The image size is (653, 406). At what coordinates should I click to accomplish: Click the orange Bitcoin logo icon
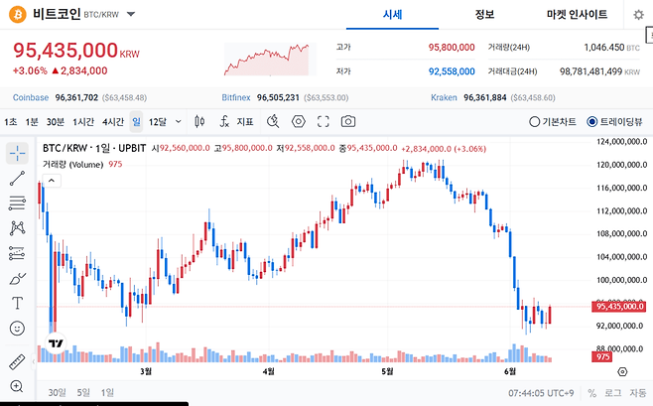tap(18, 15)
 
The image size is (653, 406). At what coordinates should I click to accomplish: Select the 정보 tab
tap(484, 15)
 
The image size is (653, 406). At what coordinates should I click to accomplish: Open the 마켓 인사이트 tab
tap(577, 15)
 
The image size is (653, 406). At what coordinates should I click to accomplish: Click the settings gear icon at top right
tap(638, 15)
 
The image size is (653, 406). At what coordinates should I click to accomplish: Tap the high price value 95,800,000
tap(452, 48)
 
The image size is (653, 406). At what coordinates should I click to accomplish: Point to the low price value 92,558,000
tap(452, 71)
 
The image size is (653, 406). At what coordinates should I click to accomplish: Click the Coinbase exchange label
tap(31, 97)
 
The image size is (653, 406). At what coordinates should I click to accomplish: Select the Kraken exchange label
tap(444, 97)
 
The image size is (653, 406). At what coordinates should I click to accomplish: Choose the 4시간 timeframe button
tap(113, 121)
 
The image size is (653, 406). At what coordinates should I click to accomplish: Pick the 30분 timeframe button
tap(56, 121)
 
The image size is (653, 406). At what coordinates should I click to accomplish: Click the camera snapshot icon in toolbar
tap(348, 121)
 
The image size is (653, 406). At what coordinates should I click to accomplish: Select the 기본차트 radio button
tap(534, 122)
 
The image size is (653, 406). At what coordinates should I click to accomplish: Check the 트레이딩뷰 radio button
tap(591, 122)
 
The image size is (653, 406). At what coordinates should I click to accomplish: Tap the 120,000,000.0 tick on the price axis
tap(622, 165)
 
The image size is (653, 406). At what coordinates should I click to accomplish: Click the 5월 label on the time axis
tap(388, 371)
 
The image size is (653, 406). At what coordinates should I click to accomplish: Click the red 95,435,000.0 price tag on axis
tap(619, 307)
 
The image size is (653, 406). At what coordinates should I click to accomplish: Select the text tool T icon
tap(17, 303)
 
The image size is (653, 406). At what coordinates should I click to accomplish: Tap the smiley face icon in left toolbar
tap(17, 329)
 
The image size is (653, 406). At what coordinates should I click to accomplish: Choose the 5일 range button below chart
tap(83, 392)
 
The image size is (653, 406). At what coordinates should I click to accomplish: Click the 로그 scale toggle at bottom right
tap(612, 393)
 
